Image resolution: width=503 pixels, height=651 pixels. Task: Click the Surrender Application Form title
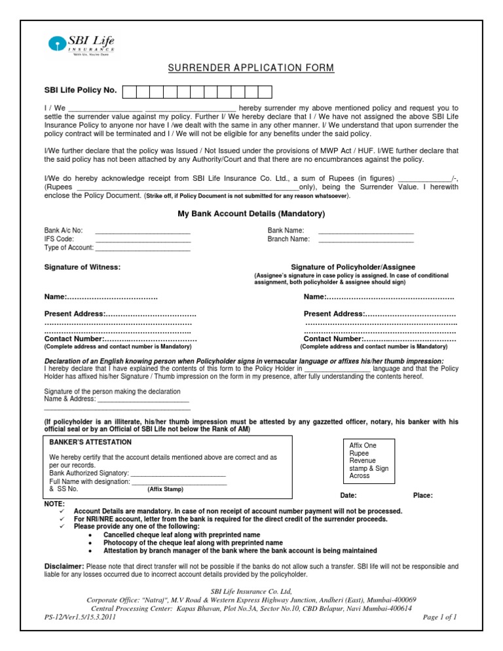click(x=251, y=68)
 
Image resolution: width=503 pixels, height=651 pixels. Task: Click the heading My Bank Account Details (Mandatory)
click(x=251, y=214)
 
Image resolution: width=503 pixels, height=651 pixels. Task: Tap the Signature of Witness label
click(x=82, y=267)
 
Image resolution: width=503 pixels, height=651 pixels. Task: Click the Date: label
click(x=349, y=495)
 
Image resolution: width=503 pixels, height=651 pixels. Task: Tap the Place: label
click(x=423, y=495)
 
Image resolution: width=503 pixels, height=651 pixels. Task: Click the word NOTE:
click(x=54, y=503)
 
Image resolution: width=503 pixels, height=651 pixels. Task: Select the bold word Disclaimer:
click(x=64, y=565)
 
